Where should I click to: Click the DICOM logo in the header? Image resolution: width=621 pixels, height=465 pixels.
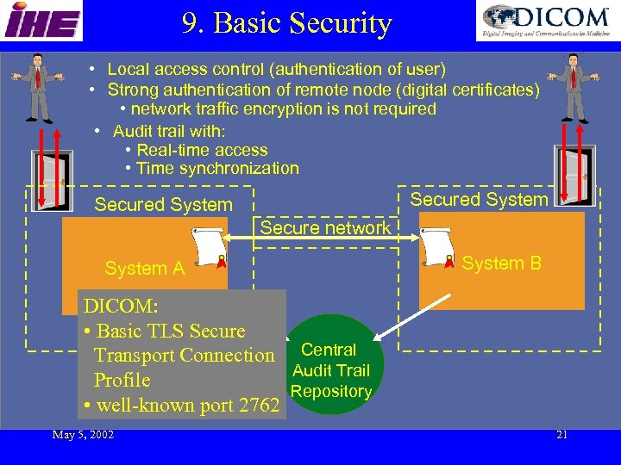click(547, 22)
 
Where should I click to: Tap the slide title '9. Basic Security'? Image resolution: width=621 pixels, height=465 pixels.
click(287, 23)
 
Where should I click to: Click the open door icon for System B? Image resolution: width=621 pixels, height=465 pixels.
click(574, 174)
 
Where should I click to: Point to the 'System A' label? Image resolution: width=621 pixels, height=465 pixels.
click(144, 269)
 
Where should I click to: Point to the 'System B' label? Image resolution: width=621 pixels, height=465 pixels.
click(501, 263)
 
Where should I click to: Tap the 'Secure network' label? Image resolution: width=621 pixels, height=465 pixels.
click(325, 228)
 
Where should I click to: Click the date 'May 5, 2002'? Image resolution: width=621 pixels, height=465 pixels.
click(83, 434)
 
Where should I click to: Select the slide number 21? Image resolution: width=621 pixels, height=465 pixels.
click(561, 434)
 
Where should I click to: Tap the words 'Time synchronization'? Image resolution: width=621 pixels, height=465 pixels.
click(217, 169)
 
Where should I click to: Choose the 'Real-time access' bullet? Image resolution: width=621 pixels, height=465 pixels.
click(202, 150)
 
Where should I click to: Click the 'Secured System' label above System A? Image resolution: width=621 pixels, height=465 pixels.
click(163, 205)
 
